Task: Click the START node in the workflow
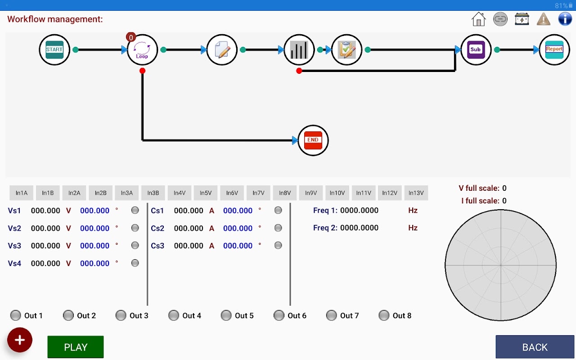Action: (x=54, y=49)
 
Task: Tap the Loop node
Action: (x=142, y=49)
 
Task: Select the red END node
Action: (x=313, y=140)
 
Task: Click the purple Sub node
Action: (x=476, y=49)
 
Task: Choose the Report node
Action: (x=554, y=49)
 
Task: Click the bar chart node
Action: (x=299, y=49)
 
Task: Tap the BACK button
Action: (x=535, y=347)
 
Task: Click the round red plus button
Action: (x=20, y=340)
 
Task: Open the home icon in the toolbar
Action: (x=478, y=19)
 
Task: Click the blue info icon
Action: (x=565, y=19)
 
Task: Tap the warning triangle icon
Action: (x=544, y=19)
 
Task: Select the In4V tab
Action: (x=180, y=193)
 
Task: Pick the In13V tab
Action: (x=416, y=193)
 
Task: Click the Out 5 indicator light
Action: (x=226, y=315)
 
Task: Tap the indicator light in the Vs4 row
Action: (x=135, y=263)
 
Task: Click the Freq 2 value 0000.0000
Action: (x=359, y=228)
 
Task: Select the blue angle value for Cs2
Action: (x=238, y=228)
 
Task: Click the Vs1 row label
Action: (x=14, y=211)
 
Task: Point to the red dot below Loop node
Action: (x=143, y=71)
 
